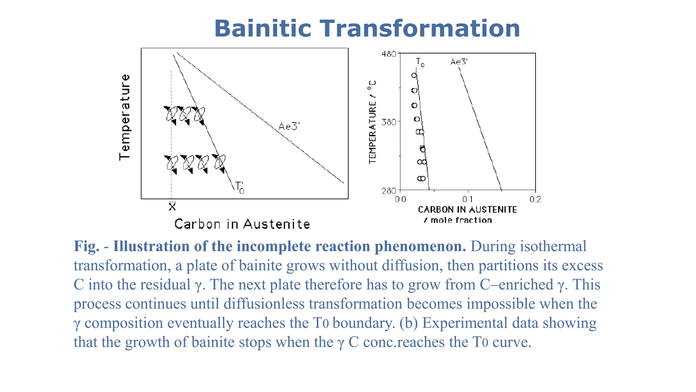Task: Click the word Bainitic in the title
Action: (262, 29)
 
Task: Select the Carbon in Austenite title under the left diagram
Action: (242, 224)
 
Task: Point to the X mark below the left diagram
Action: (172, 207)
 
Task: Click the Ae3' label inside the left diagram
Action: (289, 127)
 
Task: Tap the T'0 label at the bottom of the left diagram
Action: (240, 187)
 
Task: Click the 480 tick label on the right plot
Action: (389, 54)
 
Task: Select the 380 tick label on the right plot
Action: (389, 122)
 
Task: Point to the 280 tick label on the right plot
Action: (389, 191)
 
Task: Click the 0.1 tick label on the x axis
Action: (468, 199)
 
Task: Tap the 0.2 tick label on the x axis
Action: (535, 199)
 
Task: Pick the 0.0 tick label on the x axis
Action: (400, 199)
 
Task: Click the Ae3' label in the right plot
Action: (459, 62)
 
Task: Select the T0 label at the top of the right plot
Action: (420, 63)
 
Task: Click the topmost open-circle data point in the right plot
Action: (414, 76)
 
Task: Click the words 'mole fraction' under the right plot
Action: (461, 220)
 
